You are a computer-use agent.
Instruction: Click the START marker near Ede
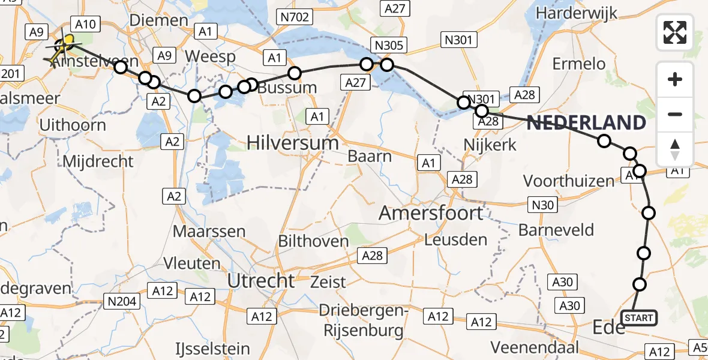click(639, 317)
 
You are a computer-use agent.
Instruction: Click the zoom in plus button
click(675, 79)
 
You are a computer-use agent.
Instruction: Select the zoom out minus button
click(675, 114)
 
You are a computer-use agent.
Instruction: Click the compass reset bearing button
click(675, 149)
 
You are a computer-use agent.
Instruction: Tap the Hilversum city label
click(293, 143)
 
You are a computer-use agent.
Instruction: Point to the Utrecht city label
click(261, 280)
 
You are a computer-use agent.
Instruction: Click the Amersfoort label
click(431, 213)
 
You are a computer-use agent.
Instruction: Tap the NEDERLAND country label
click(587, 123)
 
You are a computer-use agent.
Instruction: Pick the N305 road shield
click(389, 45)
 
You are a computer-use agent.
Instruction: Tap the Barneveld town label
click(556, 230)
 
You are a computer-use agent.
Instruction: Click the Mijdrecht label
click(98, 161)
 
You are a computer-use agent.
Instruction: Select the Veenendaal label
click(535, 347)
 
